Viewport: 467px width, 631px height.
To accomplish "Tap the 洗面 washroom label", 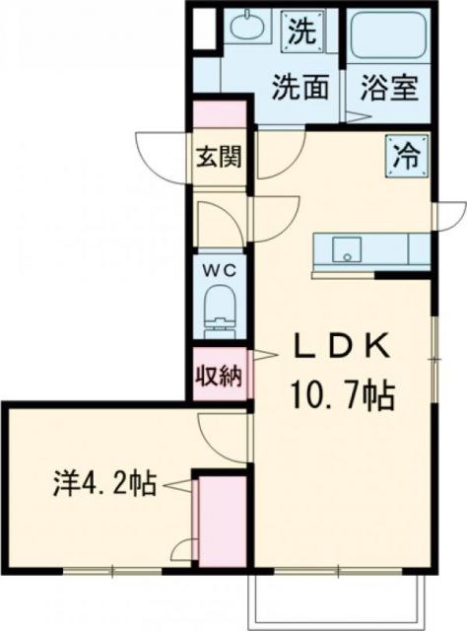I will point(300,88).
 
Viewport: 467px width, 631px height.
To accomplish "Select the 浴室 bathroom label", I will point(389,88).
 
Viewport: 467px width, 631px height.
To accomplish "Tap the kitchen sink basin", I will point(346,251).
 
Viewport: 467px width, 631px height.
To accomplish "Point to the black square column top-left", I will point(204,29).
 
